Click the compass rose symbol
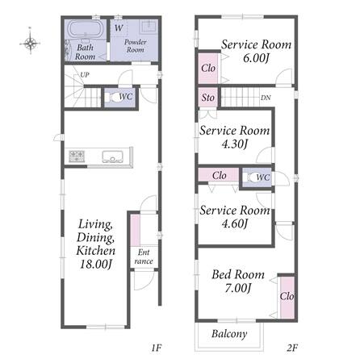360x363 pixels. (x=30, y=43)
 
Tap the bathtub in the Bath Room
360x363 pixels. (x=86, y=29)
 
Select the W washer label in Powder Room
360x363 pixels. (x=119, y=27)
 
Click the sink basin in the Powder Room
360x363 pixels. (x=149, y=27)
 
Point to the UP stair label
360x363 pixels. (x=85, y=75)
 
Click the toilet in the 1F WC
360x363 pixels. (x=112, y=97)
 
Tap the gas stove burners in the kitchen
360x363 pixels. (x=77, y=156)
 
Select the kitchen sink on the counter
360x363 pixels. (x=113, y=156)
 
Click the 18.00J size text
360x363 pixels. (x=96, y=264)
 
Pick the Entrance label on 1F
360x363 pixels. (x=144, y=257)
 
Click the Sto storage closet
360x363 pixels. (x=208, y=97)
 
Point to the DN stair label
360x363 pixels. (x=266, y=98)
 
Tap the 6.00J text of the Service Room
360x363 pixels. (x=256, y=58)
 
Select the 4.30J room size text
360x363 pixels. (x=234, y=144)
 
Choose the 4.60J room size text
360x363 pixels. (x=234, y=223)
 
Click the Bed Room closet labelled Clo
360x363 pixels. (x=287, y=297)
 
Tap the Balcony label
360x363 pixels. (x=229, y=334)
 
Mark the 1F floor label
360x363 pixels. (x=156, y=348)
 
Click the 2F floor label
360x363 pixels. (x=292, y=348)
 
